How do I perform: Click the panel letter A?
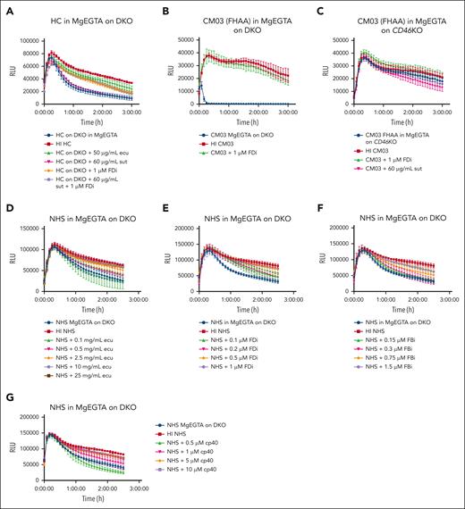pyautogui.click(x=6, y=8)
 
